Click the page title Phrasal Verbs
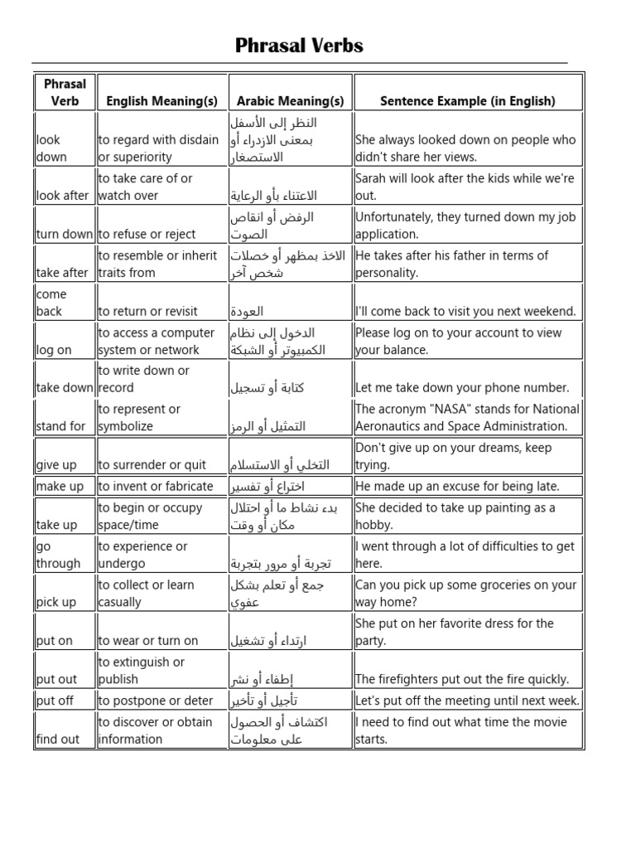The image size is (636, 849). click(299, 46)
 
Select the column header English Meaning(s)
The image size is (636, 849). click(162, 101)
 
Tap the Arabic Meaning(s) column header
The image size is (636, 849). click(290, 101)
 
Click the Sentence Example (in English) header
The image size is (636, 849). click(468, 101)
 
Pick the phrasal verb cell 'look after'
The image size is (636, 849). click(62, 196)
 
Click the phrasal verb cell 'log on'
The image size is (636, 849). click(54, 350)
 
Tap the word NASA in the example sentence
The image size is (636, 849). click(445, 409)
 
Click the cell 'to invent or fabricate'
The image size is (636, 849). click(156, 486)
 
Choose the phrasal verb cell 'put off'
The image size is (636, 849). click(55, 701)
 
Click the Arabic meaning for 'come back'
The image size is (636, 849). click(248, 312)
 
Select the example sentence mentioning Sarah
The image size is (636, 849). click(465, 187)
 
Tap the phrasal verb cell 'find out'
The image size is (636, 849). click(58, 739)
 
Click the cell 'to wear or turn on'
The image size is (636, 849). click(148, 640)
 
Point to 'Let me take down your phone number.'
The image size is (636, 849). click(462, 387)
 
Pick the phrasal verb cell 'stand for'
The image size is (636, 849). click(61, 426)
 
